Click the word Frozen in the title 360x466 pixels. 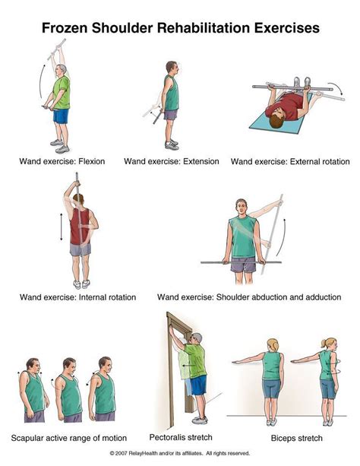(x=65, y=28)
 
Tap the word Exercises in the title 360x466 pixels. (x=286, y=28)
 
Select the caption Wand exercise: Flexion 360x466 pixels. (x=62, y=161)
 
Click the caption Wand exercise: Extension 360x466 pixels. (x=172, y=161)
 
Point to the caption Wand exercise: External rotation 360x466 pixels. (x=290, y=162)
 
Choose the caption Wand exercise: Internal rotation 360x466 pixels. (x=77, y=297)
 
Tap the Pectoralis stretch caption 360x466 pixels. (x=181, y=437)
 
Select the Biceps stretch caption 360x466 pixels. (x=296, y=438)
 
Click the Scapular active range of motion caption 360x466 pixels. (x=69, y=438)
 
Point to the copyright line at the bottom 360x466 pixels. (x=180, y=453)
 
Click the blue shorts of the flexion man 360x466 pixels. (x=61, y=116)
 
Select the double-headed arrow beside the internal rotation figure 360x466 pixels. (x=62, y=227)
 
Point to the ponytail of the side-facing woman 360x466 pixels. (x=324, y=344)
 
